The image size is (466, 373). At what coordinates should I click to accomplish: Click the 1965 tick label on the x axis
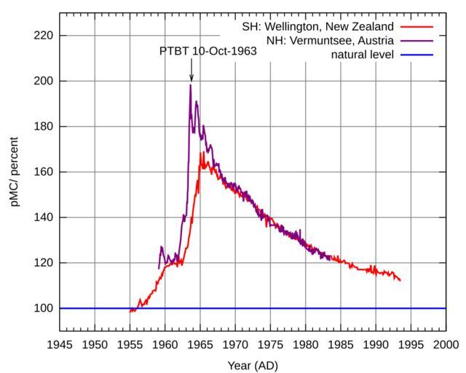(x=200, y=344)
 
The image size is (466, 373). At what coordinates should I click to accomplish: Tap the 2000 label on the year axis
(x=446, y=344)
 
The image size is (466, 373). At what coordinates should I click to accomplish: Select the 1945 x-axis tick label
(x=60, y=344)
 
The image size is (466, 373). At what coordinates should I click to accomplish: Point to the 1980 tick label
(x=305, y=344)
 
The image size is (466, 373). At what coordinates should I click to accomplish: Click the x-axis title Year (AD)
(x=253, y=365)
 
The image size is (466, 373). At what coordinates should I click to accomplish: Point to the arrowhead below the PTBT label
(x=191, y=79)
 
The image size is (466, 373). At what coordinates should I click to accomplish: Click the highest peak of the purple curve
(x=191, y=85)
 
